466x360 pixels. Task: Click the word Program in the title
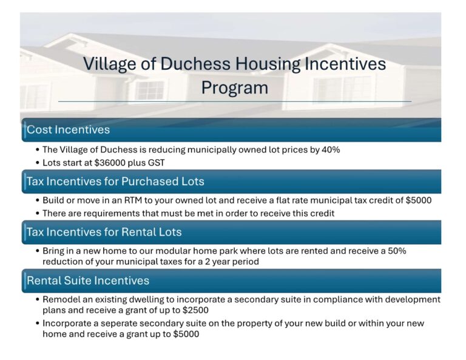[234, 87]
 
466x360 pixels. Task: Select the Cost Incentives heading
[68, 129]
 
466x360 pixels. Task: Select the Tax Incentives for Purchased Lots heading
[115, 181]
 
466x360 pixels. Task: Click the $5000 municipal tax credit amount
[419, 200]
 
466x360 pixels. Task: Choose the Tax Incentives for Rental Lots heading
[104, 232]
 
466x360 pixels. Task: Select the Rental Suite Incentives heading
[88, 280]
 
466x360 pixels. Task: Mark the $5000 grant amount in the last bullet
[186, 334]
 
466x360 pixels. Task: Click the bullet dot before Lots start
[38, 163]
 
